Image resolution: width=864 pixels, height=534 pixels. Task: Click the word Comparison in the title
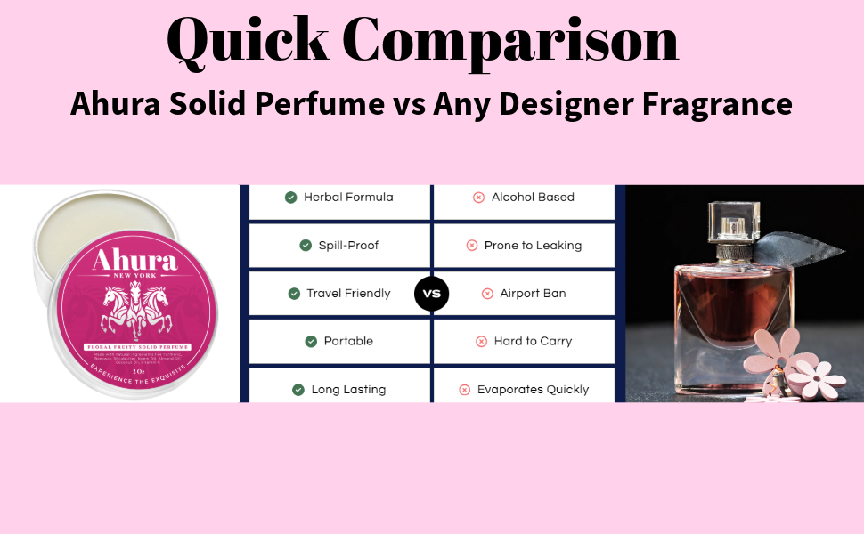click(x=510, y=40)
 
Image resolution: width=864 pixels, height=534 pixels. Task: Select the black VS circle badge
click(x=432, y=294)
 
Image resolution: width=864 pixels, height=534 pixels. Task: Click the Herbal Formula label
click(x=348, y=198)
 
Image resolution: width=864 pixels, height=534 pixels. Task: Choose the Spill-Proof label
click(x=348, y=246)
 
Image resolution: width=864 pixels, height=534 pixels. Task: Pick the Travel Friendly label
click(x=348, y=294)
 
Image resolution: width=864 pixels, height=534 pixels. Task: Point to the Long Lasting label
click(x=348, y=390)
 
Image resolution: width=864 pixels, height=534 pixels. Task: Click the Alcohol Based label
click(x=533, y=198)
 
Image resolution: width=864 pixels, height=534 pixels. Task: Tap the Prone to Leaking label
click(x=533, y=246)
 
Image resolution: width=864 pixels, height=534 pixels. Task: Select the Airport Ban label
click(x=533, y=294)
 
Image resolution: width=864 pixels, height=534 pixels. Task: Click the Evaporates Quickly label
click(x=533, y=390)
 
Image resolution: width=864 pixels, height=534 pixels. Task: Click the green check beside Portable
click(x=311, y=342)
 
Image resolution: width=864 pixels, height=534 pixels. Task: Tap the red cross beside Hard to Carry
click(x=481, y=342)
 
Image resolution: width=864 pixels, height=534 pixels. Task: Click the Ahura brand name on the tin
click(x=135, y=261)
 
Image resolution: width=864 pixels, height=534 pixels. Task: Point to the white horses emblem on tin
click(x=134, y=307)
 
